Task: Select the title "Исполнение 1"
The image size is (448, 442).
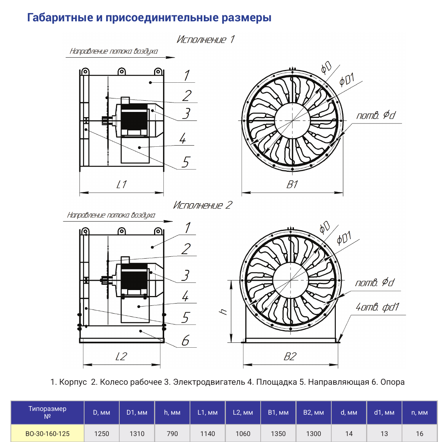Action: [205, 39]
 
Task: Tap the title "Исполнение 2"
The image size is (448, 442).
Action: [203, 205]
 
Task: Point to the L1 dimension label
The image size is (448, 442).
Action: [122, 185]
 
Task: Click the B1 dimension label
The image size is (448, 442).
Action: [292, 185]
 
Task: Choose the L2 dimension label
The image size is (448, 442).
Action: [122, 356]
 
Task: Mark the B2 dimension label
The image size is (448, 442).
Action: [290, 357]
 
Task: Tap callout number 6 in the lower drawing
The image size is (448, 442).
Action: [185, 341]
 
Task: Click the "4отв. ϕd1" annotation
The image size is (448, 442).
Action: [377, 307]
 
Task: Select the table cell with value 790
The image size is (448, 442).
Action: [172, 433]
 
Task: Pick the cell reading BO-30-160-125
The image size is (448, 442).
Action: [47, 433]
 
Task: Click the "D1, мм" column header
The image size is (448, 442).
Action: [137, 412]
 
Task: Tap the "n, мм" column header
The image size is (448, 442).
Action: [420, 412]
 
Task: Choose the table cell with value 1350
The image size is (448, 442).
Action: [278, 433]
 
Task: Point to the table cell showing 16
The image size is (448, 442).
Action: [420, 433]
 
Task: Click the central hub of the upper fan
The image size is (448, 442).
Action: [292, 121]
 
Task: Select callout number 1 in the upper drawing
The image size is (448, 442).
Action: [187, 76]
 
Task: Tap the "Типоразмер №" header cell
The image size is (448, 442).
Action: [47, 412]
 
